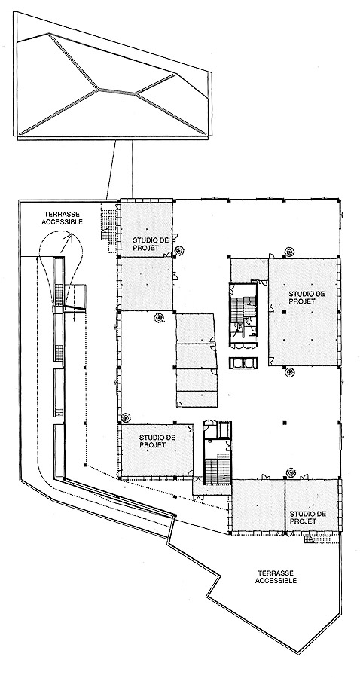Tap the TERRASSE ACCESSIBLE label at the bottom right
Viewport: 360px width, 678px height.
click(x=276, y=576)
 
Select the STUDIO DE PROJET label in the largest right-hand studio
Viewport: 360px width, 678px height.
click(x=307, y=297)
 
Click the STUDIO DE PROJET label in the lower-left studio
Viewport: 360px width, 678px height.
click(x=151, y=441)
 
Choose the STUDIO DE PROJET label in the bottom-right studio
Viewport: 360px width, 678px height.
click(x=307, y=517)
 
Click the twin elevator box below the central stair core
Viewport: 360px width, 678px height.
click(x=244, y=362)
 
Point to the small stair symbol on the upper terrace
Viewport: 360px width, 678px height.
click(x=105, y=234)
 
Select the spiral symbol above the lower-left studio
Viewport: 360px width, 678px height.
click(x=126, y=417)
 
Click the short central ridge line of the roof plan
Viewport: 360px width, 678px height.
click(x=117, y=91)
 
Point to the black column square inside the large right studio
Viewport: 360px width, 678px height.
click(x=285, y=312)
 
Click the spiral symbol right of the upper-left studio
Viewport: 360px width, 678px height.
click(x=179, y=250)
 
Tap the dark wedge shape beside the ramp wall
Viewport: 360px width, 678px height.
click(x=75, y=307)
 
